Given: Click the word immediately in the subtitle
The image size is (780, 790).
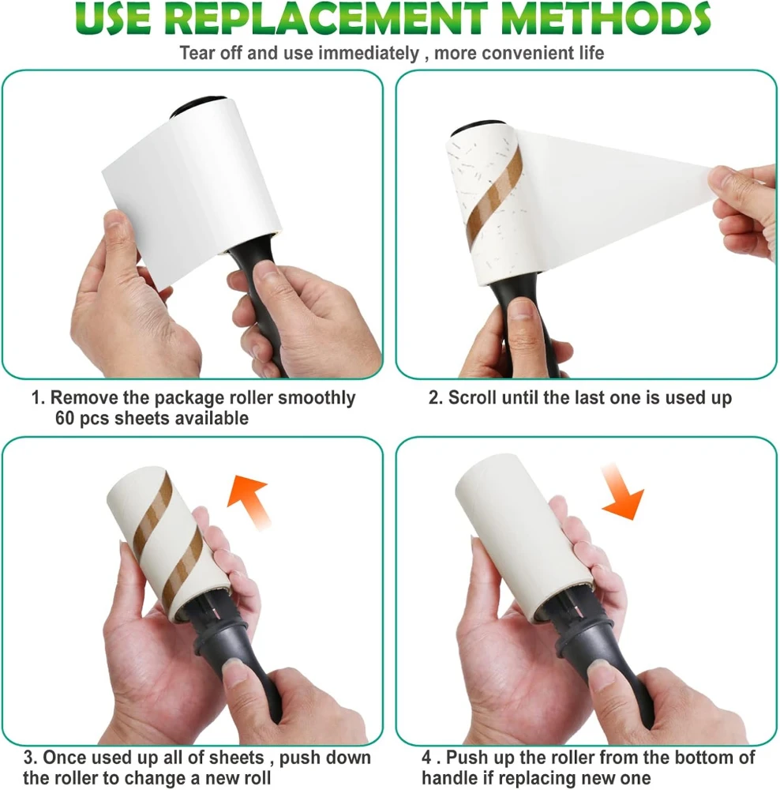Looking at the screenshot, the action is click(x=369, y=53).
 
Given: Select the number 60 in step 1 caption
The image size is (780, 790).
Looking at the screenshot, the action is click(x=65, y=418).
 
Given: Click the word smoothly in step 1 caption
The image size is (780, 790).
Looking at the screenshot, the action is click(x=317, y=398).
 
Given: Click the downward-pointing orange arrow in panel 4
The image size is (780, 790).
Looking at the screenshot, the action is click(x=622, y=491).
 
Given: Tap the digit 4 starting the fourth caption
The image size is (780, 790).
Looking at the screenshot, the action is click(x=427, y=758).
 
